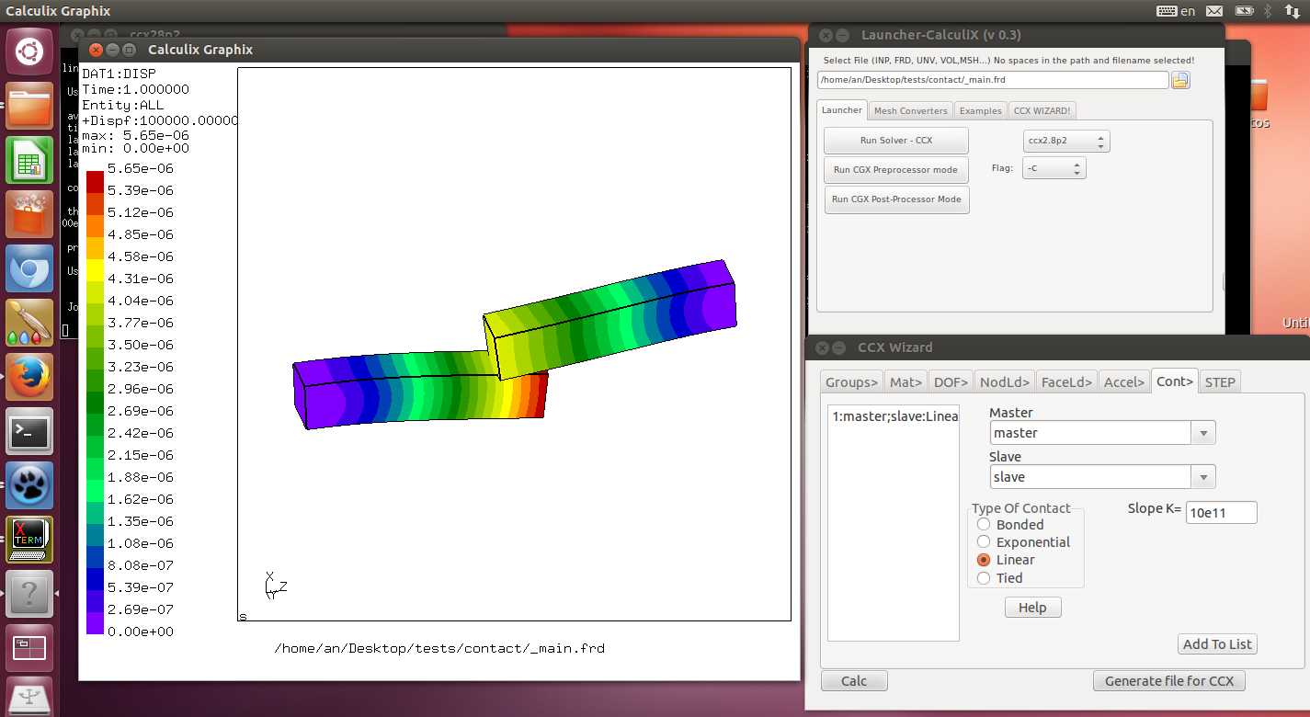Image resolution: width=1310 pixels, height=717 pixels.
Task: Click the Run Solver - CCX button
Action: click(x=896, y=141)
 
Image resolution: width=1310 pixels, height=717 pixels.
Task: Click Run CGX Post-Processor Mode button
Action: click(x=896, y=199)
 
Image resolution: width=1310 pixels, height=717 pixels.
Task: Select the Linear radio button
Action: click(x=984, y=560)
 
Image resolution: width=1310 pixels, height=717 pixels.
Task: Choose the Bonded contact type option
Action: click(x=984, y=525)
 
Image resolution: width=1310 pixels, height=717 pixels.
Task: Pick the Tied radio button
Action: click(x=984, y=578)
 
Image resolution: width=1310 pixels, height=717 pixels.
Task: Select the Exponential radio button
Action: click(x=984, y=542)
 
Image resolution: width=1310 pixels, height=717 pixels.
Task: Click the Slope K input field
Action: click(x=1221, y=512)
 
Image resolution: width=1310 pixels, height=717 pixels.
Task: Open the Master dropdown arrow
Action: click(x=1203, y=433)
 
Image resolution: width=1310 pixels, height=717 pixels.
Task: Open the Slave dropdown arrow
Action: click(x=1203, y=477)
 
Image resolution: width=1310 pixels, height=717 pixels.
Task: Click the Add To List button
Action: click(x=1216, y=644)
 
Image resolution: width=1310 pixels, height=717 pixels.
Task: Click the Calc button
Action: click(x=854, y=681)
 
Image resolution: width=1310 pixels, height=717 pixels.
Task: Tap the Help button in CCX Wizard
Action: click(x=1032, y=608)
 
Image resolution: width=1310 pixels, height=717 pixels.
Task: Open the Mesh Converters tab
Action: click(x=910, y=110)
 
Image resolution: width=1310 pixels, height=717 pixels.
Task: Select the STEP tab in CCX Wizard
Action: click(x=1220, y=382)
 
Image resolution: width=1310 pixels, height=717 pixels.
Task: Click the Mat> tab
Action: click(x=906, y=382)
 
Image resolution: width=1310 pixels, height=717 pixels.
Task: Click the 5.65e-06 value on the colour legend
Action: click(x=140, y=169)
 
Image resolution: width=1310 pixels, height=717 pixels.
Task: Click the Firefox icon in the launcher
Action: click(x=28, y=377)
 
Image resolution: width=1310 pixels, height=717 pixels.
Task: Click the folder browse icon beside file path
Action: click(x=1180, y=80)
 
